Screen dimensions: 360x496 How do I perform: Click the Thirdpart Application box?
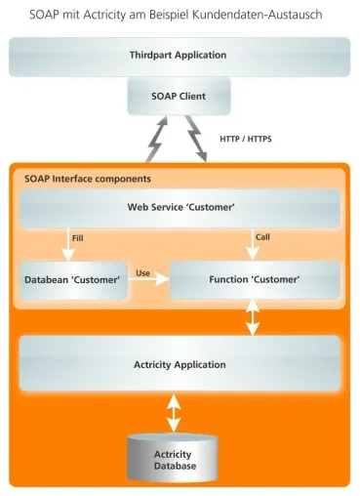(x=180, y=57)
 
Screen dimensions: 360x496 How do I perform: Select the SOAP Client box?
(x=179, y=96)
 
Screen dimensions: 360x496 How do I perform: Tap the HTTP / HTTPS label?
(x=246, y=139)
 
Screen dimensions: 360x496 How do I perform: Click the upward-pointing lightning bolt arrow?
(x=157, y=140)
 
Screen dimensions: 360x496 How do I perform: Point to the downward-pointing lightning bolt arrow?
(x=197, y=139)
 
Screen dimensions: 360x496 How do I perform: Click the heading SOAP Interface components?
(x=88, y=179)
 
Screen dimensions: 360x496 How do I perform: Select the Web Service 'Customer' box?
(x=180, y=208)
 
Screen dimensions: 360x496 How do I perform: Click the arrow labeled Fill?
(x=68, y=245)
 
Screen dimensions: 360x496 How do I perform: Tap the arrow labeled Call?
(x=253, y=244)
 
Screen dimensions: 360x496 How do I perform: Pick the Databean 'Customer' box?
(x=73, y=280)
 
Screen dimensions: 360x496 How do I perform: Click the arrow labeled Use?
(x=149, y=279)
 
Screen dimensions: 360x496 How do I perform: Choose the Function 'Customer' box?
(x=256, y=280)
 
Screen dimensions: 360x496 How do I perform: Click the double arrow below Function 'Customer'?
(x=253, y=317)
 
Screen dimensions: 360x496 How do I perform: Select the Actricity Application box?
(x=180, y=363)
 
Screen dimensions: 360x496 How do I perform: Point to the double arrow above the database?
(x=174, y=413)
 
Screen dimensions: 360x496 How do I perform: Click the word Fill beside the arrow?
(x=78, y=238)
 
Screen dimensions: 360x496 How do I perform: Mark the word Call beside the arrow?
(x=262, y=237)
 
